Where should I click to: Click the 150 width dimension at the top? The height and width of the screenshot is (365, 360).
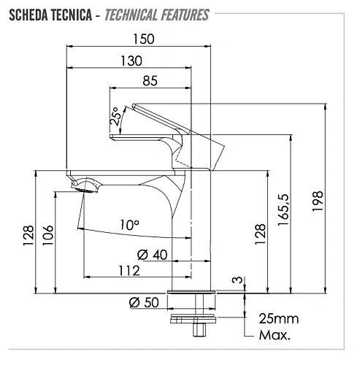(x=144, y=39)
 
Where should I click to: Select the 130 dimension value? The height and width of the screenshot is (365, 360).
(x=131, y=61)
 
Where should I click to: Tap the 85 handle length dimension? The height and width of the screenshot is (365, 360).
(x=150, y=80)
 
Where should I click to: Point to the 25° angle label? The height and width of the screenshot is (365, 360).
(x=115, y=116)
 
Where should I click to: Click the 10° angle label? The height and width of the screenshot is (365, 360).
(x=130, y=225)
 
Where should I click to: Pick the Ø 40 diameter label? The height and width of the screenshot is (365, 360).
(x=153, y=255)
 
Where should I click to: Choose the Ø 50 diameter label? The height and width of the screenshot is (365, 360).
(x=144, y=302)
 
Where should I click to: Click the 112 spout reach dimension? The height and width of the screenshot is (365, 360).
(x=129, y=271)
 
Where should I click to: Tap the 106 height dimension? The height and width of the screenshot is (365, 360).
(x=47, y=235)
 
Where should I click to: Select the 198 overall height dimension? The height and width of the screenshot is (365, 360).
(x=318, y=201)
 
